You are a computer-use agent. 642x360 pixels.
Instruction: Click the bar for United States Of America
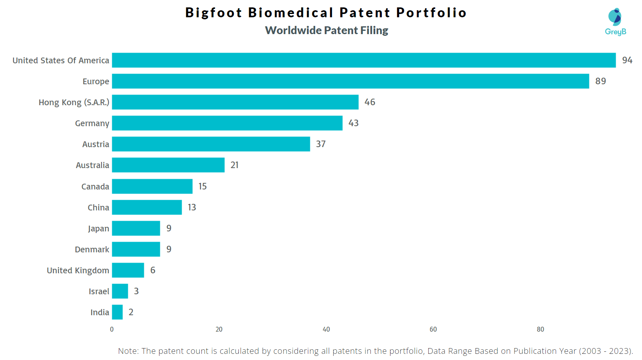tap(364, 60)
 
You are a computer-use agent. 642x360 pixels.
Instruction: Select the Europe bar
tap(350, 81)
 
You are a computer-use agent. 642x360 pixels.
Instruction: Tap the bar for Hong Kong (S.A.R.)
tap(235, 102)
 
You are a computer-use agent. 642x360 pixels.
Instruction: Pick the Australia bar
tap(168, 165)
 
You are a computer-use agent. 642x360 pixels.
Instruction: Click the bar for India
tap(117, 312)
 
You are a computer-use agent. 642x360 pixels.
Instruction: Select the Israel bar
tap(120, 291)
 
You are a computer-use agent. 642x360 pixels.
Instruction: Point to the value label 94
tap(627, 60)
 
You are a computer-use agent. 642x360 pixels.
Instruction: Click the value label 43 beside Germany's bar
tap(353, 123)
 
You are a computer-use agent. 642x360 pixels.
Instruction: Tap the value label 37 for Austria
tap(321, 144)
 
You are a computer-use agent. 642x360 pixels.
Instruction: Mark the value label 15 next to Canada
tap(202, 186)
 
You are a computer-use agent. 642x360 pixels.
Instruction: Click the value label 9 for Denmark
tap(169, 249)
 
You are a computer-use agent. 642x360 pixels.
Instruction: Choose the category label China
tap(98, 208)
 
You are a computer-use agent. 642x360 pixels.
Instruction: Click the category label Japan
tap(98, 228)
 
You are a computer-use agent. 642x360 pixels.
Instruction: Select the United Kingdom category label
tap(78, 270)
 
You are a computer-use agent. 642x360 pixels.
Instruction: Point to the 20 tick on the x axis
tap(219, 329)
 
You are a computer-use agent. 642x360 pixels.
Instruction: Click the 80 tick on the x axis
tap(540, 329)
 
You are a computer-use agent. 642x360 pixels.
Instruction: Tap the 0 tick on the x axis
tap(112, 329)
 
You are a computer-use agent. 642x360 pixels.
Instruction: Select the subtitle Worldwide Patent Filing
tap(326, 30)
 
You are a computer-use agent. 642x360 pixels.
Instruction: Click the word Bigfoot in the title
tap(213, 13)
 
